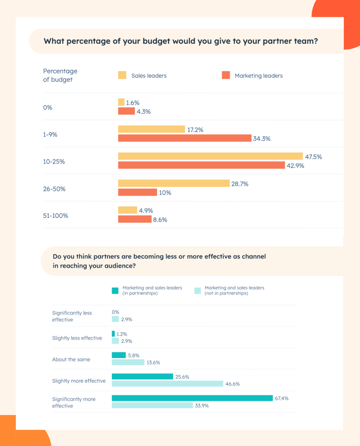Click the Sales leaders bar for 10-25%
click(x=210, y=156)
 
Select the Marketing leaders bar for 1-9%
click(x=185, y=138)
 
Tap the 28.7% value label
click(x=240, y=184)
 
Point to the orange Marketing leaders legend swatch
click(x=226, y=75)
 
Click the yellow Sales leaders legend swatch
click(x=122, y=75)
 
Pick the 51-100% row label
click(x=55, y=216)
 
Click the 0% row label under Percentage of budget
click(x=48, y=108)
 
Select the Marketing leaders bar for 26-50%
click(x=138, y=192)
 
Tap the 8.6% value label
click(x=160, y=220)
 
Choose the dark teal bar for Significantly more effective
click(x=192, y=398)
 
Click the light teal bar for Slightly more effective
click(x=167, y=384)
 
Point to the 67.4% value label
click(x=282, y=399)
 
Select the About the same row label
click(x=71, y=359)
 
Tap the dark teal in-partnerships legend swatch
click(x=115, y=291)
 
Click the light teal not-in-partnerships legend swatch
click(x=198, y=291)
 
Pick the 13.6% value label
click(x=153, y=363)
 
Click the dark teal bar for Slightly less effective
click(x=113, y=334)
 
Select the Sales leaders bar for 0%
click(x=121, y=102)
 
